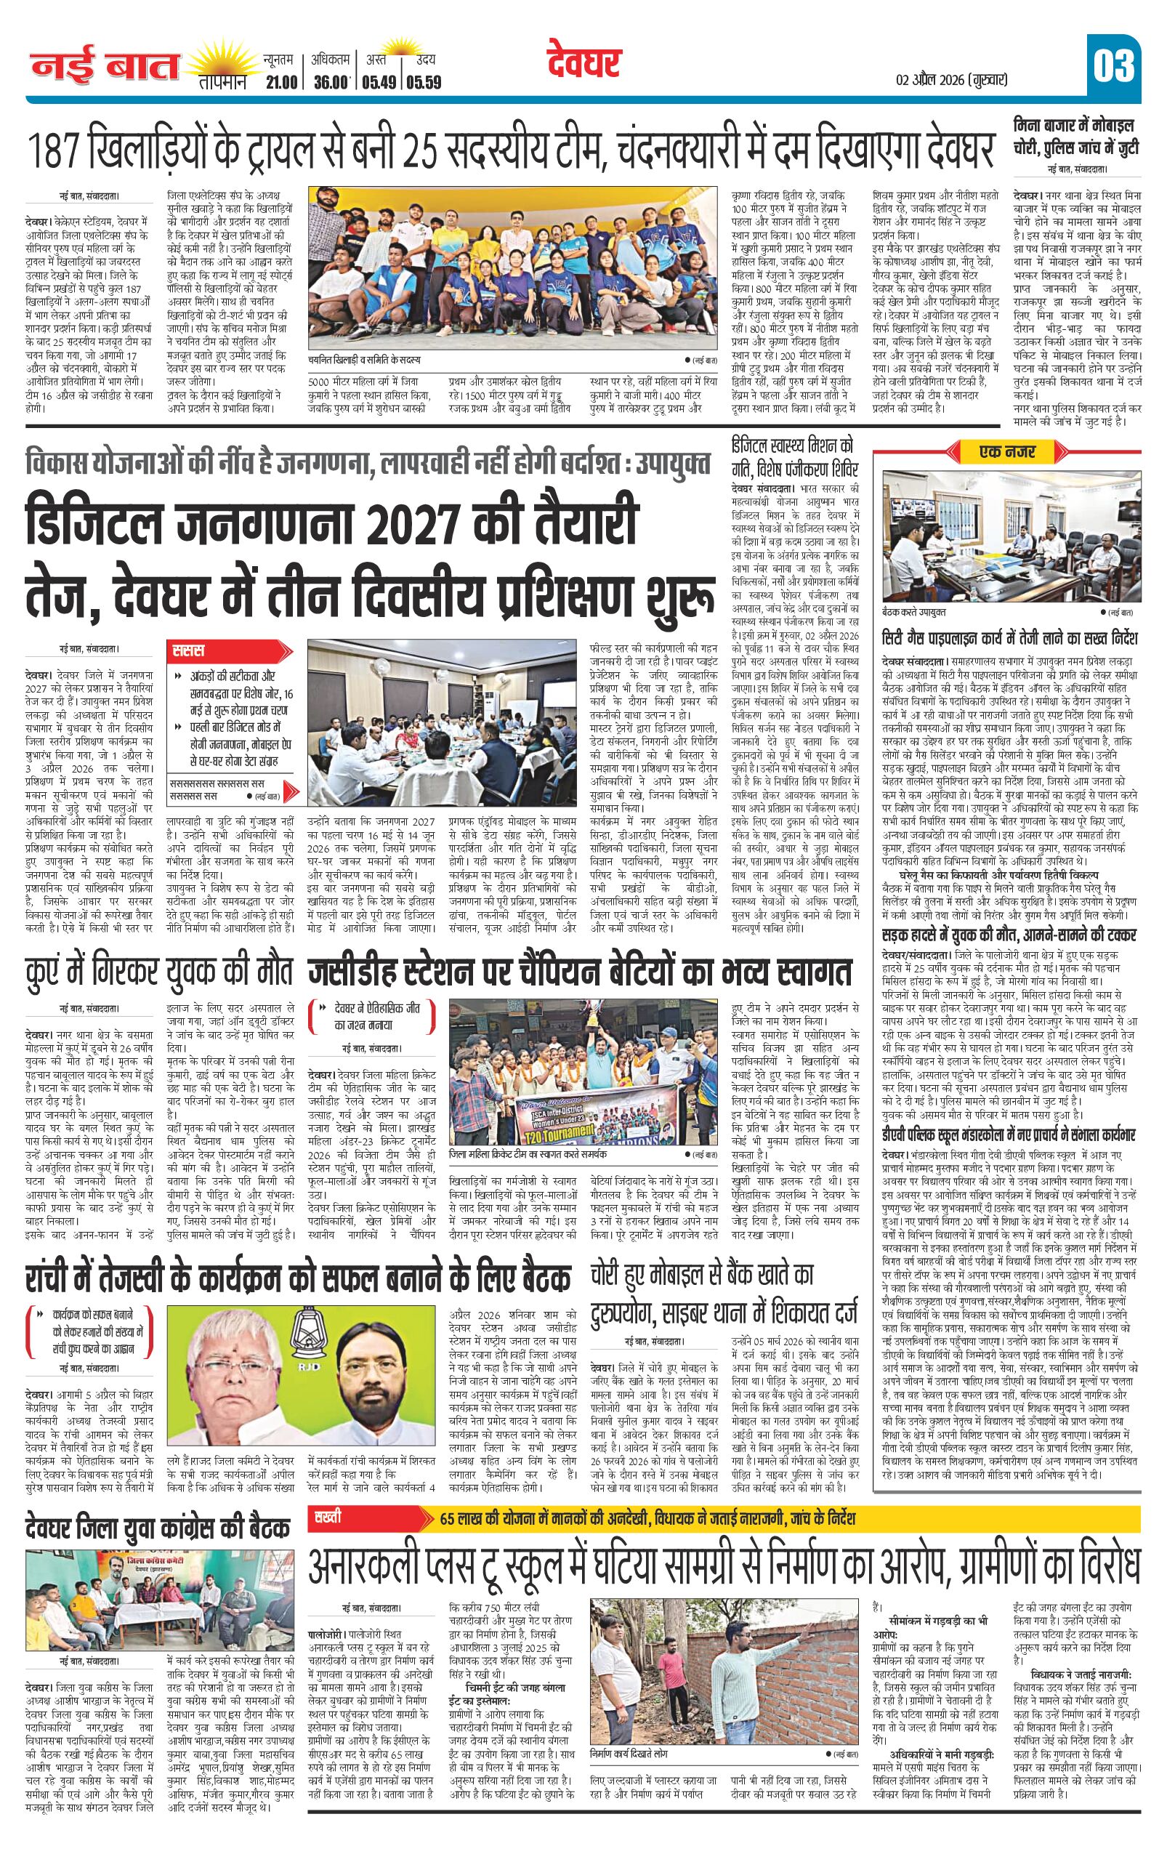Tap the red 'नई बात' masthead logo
pos(105,68)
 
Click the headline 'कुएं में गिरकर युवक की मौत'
pos(158,972)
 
